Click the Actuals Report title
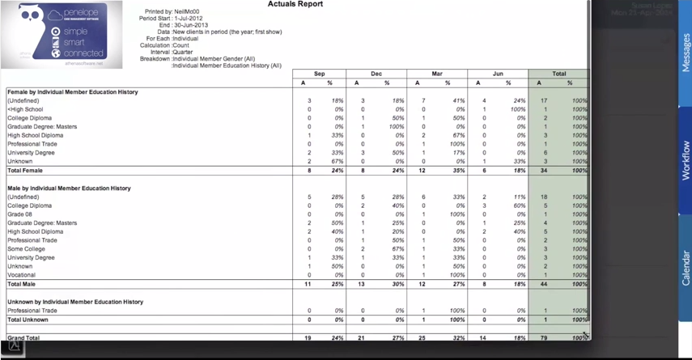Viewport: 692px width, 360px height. coord(295,4)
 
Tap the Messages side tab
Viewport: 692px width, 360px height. coord(686,53)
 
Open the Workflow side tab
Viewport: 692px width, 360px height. coord(686,160)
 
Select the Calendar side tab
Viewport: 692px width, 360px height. coord(686,268)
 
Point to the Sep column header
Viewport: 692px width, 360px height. coord(319,74)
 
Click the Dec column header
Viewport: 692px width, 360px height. coord(376,74)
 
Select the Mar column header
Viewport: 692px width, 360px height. coord(437,74)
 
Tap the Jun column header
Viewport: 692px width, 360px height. coord(498,74)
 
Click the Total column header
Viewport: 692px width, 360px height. coord(558,74)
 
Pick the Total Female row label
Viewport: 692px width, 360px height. coord(25,171)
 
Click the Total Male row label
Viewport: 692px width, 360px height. coord(22,284)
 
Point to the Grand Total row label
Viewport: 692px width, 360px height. coord(23,337)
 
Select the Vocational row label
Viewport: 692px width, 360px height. coord(21,275)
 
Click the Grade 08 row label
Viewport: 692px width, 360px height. coord(20,214)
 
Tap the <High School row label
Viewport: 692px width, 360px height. coord(25,109)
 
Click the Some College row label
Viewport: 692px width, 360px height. coord(26,249)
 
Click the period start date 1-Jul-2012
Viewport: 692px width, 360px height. coord(189,19)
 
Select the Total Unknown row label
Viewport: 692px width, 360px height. coord(28,320)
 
